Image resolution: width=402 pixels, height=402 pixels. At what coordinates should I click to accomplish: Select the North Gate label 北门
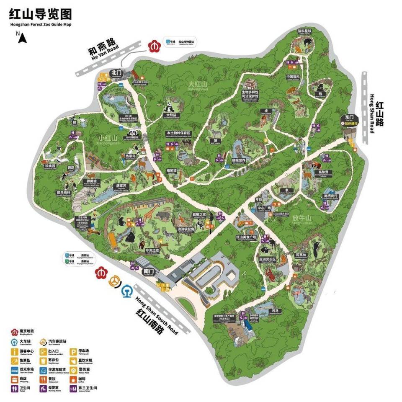(116, 72)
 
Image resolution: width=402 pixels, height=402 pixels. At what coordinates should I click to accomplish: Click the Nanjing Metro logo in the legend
(15, 332)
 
